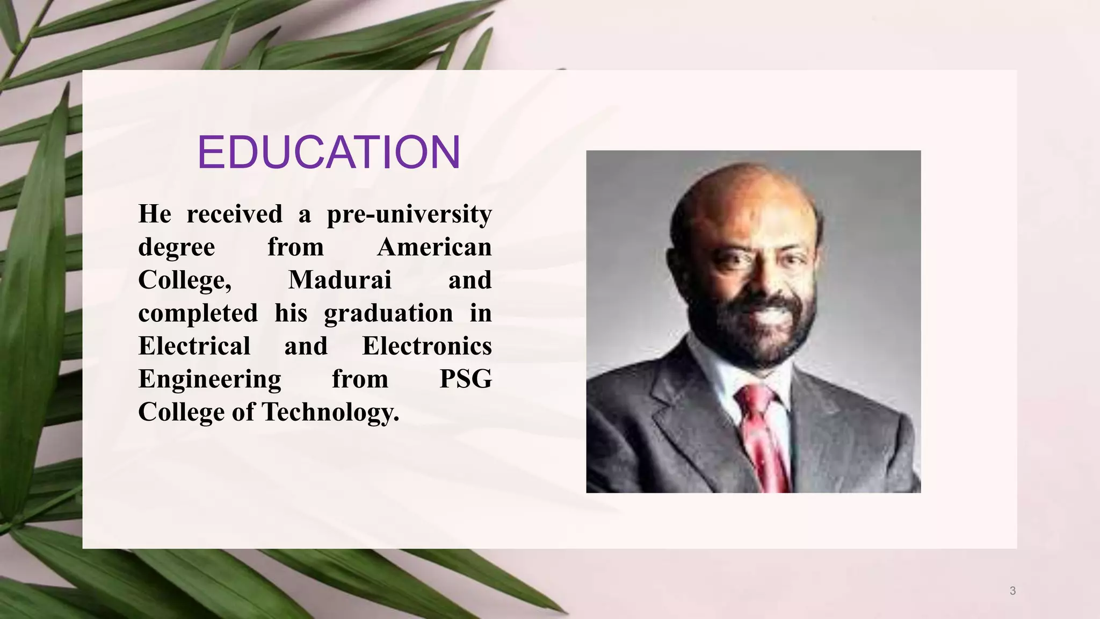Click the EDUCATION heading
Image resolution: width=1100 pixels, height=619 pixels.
(x=329, y=153)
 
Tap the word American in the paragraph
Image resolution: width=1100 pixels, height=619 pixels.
(x=434, y=247)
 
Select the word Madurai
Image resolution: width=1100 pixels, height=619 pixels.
(x=339, y=280)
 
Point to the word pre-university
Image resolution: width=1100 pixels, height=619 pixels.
(x=409, y=214)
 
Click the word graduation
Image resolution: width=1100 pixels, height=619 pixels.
(x=388, y=313)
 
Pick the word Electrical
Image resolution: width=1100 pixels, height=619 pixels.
(x=194, y=346)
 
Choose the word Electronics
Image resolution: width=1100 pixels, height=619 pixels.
(x=427, y=346)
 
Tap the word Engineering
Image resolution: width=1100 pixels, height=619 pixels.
(x=209, y=379)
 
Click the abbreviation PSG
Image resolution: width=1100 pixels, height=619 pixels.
(x=465, y=379)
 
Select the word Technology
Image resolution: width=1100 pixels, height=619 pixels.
(x=330, y=412)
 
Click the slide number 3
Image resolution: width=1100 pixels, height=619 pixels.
(x=1012, y=591)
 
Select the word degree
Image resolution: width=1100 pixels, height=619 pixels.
(x=176, y=247)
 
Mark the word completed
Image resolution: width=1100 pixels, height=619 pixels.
(x=198, y=313)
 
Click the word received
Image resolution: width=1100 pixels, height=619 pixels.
(x=234, y=214)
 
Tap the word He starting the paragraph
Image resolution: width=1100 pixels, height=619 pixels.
(x=155, y=214)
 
